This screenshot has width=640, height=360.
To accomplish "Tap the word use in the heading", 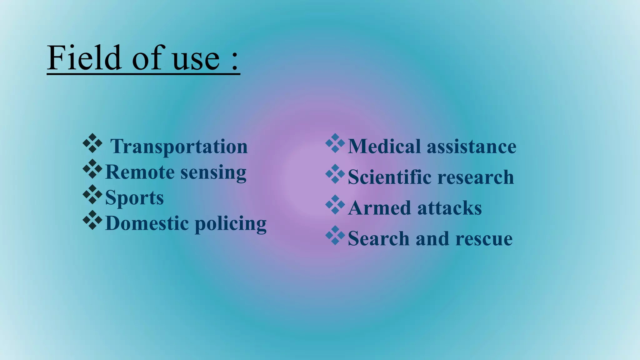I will point(196,59).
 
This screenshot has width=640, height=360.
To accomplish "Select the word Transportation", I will point(179,147).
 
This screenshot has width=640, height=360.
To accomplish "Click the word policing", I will point(231,225).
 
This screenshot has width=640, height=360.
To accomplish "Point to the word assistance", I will point(472,147).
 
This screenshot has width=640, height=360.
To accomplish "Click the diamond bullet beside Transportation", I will point(92,143).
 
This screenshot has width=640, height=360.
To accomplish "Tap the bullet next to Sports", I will point(92,194).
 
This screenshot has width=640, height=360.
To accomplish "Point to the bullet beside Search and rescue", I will point(335,235).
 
